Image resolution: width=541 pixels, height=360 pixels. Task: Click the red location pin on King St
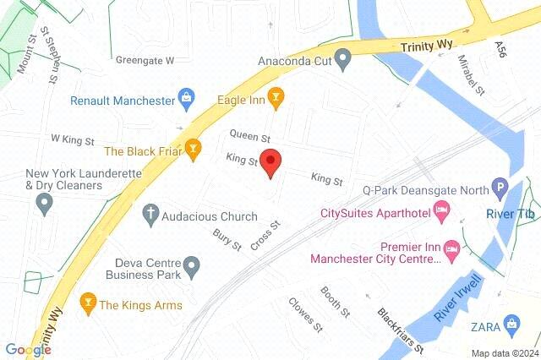270,161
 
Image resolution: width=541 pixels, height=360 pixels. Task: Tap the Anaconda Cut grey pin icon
342,59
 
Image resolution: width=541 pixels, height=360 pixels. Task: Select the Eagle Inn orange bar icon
275,100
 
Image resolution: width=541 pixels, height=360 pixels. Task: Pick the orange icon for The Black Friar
193,151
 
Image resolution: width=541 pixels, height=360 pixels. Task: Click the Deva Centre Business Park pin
193,267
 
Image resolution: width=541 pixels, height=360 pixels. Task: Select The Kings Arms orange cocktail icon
86,303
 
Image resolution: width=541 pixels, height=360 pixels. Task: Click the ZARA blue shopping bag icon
511,322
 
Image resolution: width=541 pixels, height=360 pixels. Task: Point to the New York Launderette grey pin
46,203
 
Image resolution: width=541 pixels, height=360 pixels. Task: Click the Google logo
27,350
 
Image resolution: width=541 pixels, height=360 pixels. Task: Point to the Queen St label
250,137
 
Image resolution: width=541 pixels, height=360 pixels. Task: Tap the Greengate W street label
145,61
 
